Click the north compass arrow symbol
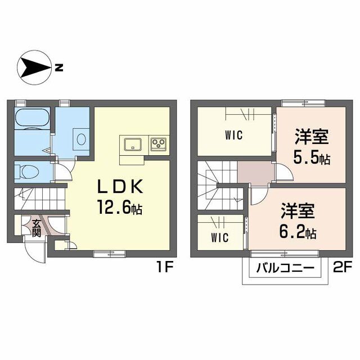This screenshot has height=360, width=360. (x=34, y=67)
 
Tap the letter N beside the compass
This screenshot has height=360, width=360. (x=59, y=67)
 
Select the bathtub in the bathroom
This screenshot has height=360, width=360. (x=32, y=118)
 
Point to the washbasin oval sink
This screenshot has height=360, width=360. (x=81, y=139)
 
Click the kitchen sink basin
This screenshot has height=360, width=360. (x=133, y=145)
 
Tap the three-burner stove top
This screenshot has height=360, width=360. (x=159, y=144)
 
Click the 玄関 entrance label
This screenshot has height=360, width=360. (x=36, y=228)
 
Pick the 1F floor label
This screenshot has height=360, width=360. (x=165, y=267)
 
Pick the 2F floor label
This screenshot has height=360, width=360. (x=343, y=267)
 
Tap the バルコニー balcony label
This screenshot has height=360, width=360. (x=285, y=268)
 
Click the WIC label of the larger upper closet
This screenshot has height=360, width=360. (x=234, y=135)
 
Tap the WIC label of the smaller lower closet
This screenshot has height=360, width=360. (x=220, y=237)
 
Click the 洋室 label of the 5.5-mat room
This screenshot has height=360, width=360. (x=312, y=137)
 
